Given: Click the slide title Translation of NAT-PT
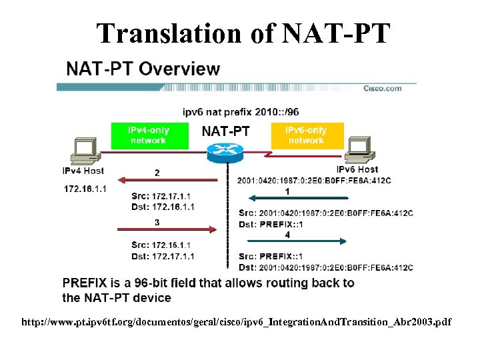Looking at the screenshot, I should point(242,33).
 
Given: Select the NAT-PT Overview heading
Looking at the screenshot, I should point(142,69).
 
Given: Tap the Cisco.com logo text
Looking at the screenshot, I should point(382,89).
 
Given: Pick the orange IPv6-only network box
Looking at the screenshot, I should point(306,136).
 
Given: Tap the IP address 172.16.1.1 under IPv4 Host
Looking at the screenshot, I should point(85,189).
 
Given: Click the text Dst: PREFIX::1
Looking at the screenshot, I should point(271,224).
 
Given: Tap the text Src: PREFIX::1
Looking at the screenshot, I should point(271,257).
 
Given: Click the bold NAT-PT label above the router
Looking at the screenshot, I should point(225,131).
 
